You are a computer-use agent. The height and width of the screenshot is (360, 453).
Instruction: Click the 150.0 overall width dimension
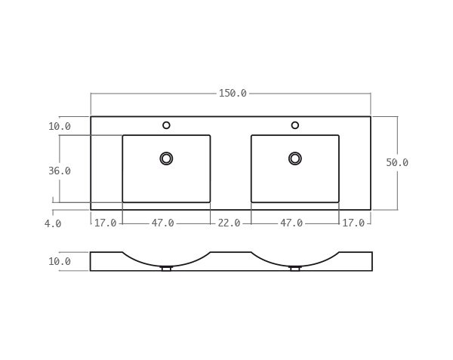(x=233, y=94)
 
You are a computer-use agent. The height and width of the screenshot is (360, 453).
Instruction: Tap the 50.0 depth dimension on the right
(x=397, y=162)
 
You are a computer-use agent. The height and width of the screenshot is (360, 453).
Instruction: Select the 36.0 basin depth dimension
(x=60, y=171)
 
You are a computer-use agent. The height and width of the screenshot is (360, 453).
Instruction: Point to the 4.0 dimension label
(x=53, y=223)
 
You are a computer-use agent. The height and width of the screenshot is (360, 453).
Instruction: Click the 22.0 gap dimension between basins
(x=229, y=223)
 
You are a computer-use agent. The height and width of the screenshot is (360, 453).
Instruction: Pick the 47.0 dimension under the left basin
(x=163, y=223)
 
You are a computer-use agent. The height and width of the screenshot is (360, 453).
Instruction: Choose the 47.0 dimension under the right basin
(x=291, y=223)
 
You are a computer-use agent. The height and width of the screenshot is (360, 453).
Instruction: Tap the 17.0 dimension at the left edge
(x=106, y=223)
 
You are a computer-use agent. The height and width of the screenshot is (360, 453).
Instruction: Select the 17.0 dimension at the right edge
(x=353, y=223)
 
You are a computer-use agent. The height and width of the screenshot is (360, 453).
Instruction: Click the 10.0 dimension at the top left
(x=60, y=127)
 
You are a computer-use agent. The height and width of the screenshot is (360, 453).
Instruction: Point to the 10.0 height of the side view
(x=60, y=262)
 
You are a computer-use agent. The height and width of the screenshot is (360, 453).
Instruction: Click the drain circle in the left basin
(x=166, y=158)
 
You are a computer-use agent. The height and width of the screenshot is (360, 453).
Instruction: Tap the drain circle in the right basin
(x=295, y=158)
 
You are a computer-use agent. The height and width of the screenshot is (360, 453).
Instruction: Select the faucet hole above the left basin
(x=166, y=125)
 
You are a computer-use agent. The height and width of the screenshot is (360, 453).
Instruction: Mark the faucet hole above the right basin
(x=295, y=125)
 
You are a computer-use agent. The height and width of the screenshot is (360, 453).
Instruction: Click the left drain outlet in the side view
(x=166, y=269)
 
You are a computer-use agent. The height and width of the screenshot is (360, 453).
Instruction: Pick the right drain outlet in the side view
(x=295, y=269)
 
